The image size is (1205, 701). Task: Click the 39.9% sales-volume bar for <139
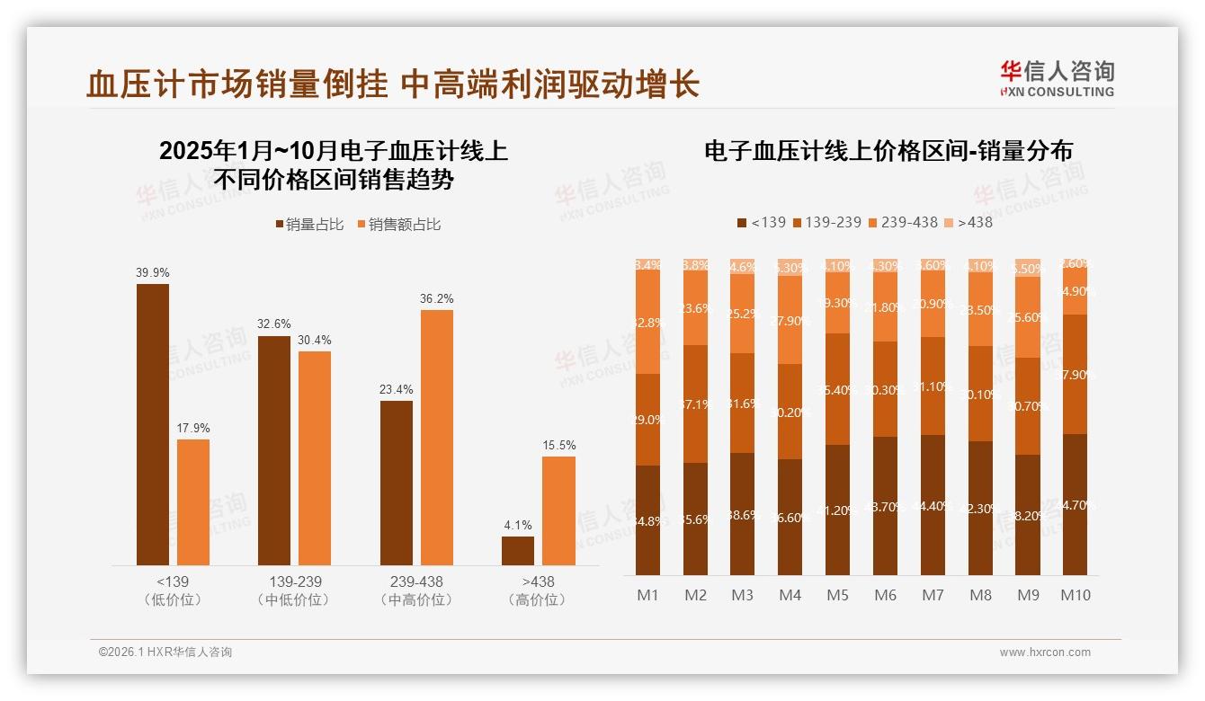click(x=152, y=424)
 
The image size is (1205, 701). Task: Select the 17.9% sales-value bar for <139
click(x=192, y=501)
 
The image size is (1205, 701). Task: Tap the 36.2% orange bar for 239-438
click(x=436, y=437)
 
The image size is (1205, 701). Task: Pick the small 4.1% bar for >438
click(x=517, y=550)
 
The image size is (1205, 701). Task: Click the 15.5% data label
click(x=558, y=445)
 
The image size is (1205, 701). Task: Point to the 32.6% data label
click(x=274, y=324)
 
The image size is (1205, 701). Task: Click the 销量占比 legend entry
click(x=308, y=225)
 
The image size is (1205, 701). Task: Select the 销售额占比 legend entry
click(x=397, y=225)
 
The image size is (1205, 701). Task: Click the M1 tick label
click(x=647, y=595)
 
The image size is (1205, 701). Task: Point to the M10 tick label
click(x=1075, y=595)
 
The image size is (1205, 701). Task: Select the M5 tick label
click(x=837, y=595)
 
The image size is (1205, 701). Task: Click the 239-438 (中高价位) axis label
click(x=416, y=590)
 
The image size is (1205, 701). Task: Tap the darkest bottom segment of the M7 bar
click(x=933, y=505)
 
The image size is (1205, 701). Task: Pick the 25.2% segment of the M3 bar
click(x=743, y=314)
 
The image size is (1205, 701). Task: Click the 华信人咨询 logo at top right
click(x=1057, y=79)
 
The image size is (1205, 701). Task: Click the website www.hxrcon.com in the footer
click(x=1044, y=652)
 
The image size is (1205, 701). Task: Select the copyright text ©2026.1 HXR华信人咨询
click(x=165, y=652)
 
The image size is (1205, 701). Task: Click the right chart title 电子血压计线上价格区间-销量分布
click(x=888, y=151)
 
